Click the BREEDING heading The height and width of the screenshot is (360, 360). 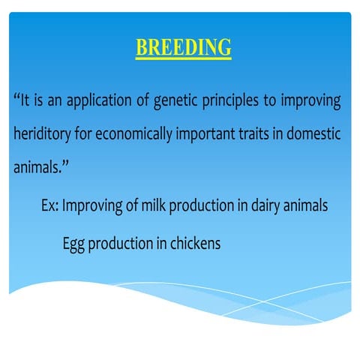click(x=183, y=47)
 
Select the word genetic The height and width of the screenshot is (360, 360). click(x=177, y=100)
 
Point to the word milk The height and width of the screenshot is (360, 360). click(x=151, y=205)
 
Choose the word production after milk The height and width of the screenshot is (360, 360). click(x=199, y=205)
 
